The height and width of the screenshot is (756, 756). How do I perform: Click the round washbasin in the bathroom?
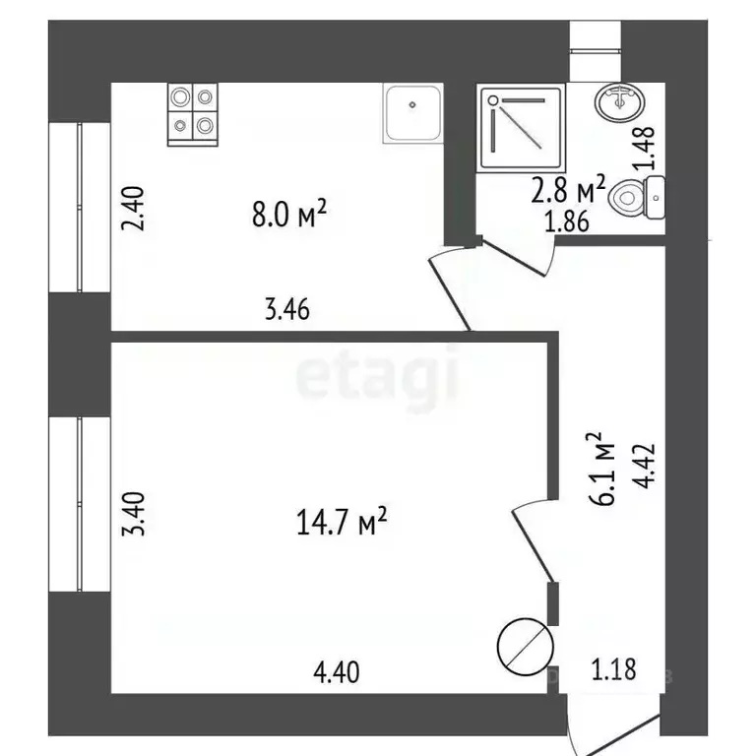[618, 100]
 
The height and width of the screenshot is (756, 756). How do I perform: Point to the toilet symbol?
[638, 199]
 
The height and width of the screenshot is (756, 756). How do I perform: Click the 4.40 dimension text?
[336, 673]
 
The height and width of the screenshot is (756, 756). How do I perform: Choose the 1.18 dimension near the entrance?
[613, 671]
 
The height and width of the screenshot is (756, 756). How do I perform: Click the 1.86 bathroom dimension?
[567, 220]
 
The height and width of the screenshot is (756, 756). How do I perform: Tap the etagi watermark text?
[378, 378]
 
